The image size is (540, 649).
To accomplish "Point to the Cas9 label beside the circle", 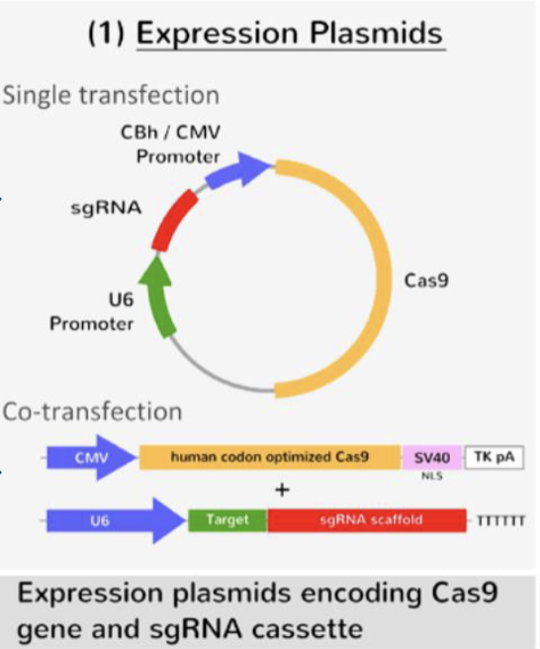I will point(426,280).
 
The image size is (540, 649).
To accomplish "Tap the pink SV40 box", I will point(431,458).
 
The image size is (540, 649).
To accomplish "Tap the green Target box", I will point(226,520).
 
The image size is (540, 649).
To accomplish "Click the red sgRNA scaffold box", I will point(366,520).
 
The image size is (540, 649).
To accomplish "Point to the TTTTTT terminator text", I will point(500,521).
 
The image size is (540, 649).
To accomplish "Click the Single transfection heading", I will point(111,96).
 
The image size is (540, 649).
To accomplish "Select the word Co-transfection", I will point(93,411).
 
